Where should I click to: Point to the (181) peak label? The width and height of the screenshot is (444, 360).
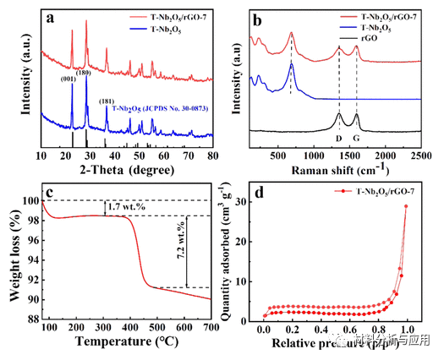coord(106,102)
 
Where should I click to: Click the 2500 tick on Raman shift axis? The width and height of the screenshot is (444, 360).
coord(420,156)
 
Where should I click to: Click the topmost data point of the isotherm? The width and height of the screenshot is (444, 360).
coord(406,206)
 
